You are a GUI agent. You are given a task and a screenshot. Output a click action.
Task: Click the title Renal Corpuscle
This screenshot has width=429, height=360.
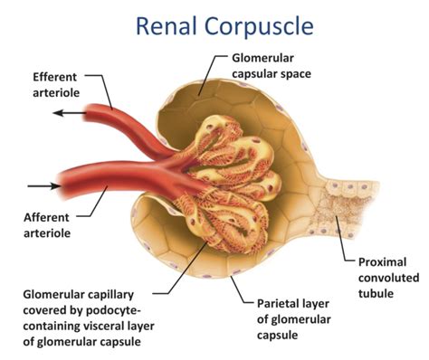tap(214, 24)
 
